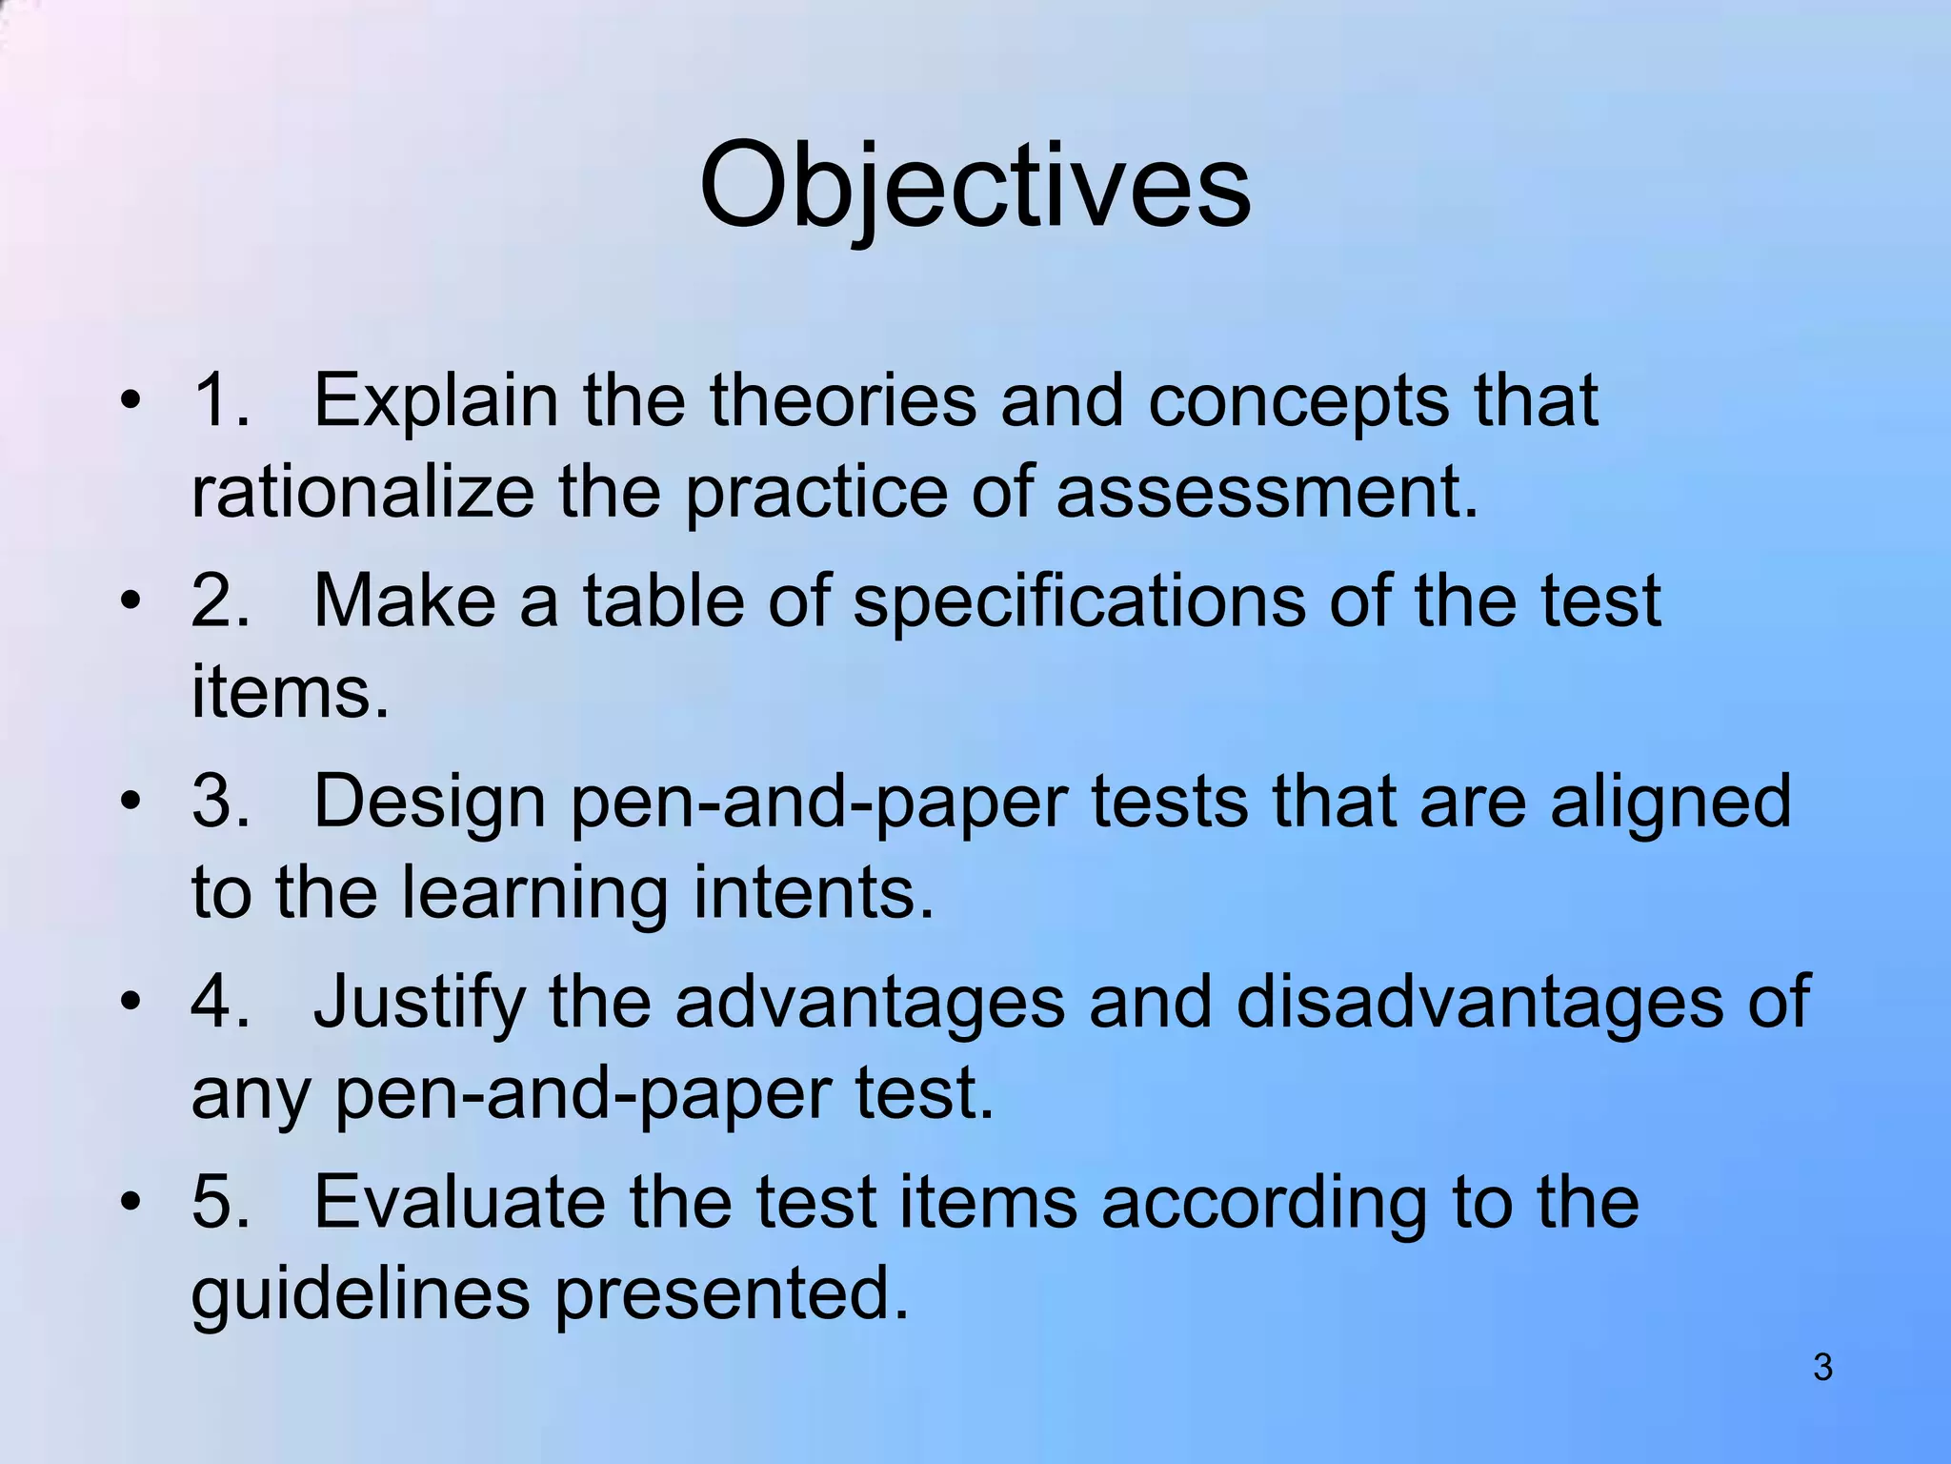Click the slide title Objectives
coord(975,186)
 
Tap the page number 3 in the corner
coord(1822,1368)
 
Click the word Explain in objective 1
coord(435,400)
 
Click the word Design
coord(429,803)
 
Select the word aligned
coord(1671,803)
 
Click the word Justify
coord(419,1003)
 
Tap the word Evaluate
coord(459,1203)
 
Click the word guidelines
coord(360,1294)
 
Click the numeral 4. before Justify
coord(221,1003)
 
